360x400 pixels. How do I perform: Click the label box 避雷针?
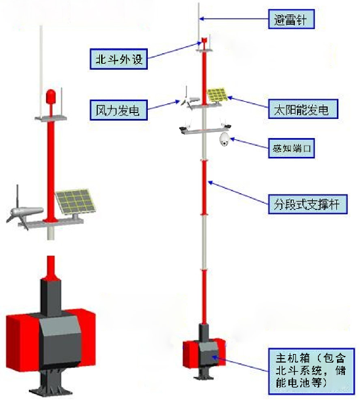point(291,19)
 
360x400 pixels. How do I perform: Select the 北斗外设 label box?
point(119,59)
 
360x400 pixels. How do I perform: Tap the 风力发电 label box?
point(119,110)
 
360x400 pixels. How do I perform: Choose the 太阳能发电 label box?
point(303,109)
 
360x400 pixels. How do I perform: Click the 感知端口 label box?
point(291,148)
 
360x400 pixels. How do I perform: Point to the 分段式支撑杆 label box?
point(307,204)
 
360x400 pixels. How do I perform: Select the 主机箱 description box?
point(311,370)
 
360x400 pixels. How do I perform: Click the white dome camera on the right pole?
point(224,139)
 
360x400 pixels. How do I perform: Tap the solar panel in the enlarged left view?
point(76,202)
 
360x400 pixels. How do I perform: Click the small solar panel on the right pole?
point(217,95)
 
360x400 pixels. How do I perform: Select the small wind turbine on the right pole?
point(190,99)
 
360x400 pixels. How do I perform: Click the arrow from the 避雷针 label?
point(234,19)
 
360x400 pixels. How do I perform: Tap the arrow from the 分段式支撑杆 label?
point(238,192)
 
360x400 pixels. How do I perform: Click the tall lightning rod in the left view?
point(41,72)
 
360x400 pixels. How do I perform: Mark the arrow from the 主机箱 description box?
point(240,364)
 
